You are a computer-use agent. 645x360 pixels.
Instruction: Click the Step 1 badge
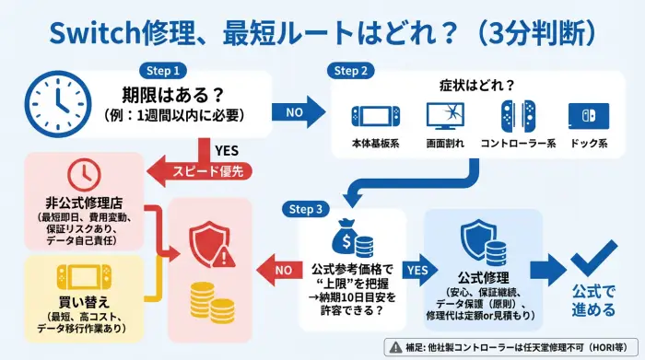[x=163, y=70]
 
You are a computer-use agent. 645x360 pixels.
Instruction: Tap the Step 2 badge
[x=351, y=70]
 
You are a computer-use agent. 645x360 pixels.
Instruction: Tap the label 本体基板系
[x=374, y=145]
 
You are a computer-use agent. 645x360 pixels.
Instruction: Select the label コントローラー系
[x=514, y=145]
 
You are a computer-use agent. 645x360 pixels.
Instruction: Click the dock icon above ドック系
[x=588, y=118]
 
